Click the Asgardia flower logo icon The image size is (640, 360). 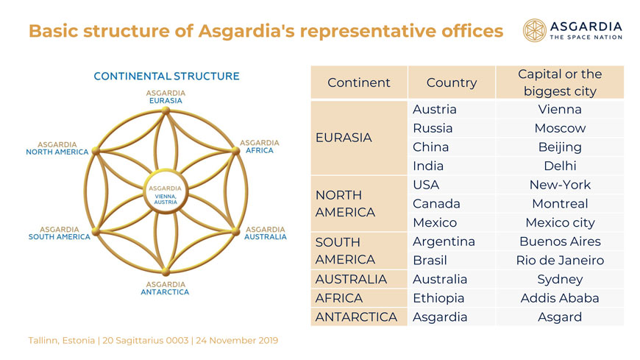[x=534, y=30]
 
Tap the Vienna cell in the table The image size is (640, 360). [x=560, y=109]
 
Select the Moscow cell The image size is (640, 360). [x=560, y=128]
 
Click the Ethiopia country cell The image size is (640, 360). [x=452, y=298]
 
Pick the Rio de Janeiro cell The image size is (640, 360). [x=560, y=261]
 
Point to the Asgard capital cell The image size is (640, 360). [x=560, y=317]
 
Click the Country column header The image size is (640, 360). [x=452, y=82]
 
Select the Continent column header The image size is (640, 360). [x=359, y=82]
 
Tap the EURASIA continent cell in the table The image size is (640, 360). [x=359, y=138]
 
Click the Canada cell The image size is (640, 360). [x=452, y=203]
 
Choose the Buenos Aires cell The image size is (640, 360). [x=560, y=241]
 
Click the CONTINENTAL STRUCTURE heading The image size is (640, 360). [x=166, y=77]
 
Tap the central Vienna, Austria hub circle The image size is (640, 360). [x=166, y=191]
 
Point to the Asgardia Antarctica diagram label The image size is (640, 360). [x=165, y=288]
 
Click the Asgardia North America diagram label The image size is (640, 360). [x=57, y=148]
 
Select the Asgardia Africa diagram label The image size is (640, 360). [x=260, y=147]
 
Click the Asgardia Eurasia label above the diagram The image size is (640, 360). [x=166, y=97]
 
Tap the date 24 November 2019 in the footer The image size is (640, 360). [x=237, y=340]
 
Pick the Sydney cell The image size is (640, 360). [x=560, y=279]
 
